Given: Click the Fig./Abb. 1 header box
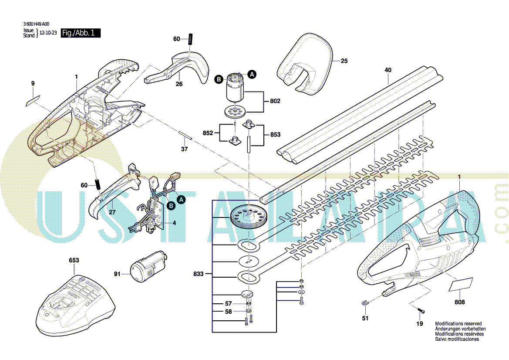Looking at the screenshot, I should [x=81, y=33].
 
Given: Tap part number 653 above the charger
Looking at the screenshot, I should [x=74, y=260].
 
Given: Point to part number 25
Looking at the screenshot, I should [x=344, y=61].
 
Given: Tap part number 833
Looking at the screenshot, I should [x=199, y=274].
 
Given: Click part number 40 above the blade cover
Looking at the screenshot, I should [x=388, y=70].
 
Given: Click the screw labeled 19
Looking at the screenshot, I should [x=421, y=311].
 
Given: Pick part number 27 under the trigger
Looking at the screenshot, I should [x=112, y=212].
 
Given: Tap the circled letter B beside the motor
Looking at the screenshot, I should [x=219, y=79].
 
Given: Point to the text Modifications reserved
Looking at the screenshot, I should [x=458, y=324].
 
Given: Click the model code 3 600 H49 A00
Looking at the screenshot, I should [x=36, y=25].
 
